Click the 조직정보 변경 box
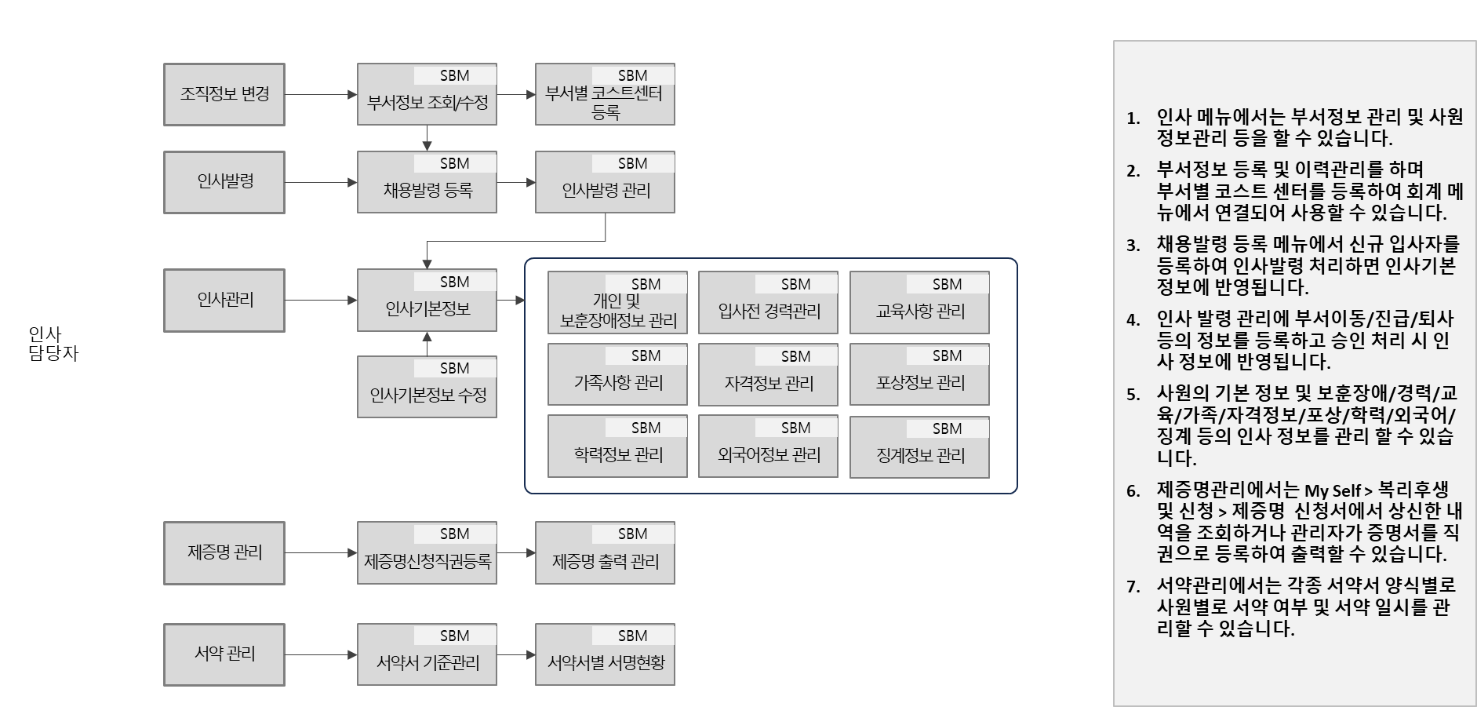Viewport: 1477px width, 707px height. (224, 94)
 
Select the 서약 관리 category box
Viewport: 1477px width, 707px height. (224, 654)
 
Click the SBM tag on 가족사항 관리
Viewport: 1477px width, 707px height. (646, 355)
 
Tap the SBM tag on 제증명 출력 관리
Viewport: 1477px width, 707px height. (632, 534)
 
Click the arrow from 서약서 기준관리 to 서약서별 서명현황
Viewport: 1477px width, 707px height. (515, 654)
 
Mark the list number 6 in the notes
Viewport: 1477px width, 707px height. (1133, 492)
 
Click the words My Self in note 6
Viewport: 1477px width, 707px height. (1332, 491)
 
